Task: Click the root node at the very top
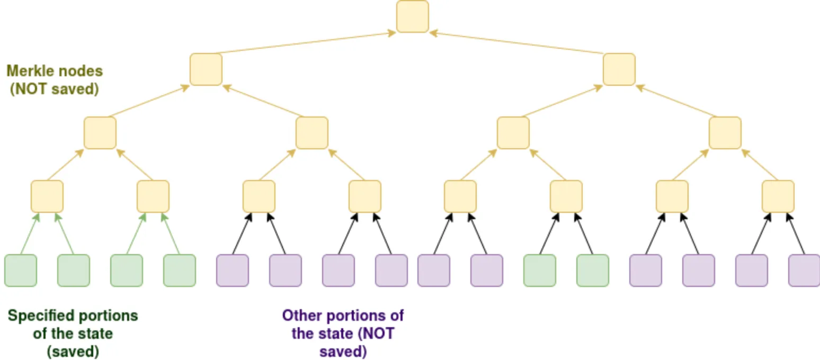[412, 16]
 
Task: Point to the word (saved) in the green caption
[73, 351]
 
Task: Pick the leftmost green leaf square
[21, 271]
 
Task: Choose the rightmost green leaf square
[593, 271]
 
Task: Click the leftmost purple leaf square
[233, 271]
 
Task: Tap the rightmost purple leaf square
[804, 271]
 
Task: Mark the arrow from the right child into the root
[516, 43]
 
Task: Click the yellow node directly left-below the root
[206, 69]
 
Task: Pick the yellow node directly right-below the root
[619, 69]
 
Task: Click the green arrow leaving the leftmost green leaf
[29, 233]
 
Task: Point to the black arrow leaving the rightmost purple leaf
[796, 233]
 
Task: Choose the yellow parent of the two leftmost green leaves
[47, 196]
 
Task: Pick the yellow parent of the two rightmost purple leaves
[778, 196]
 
